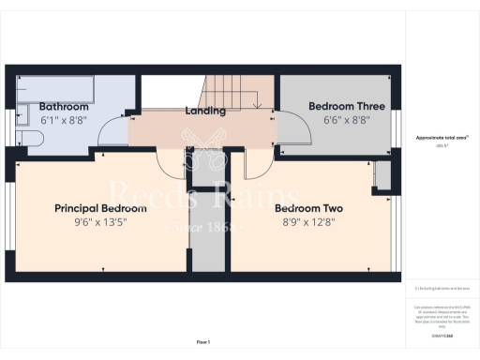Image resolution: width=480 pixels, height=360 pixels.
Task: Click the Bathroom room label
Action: point(63,107)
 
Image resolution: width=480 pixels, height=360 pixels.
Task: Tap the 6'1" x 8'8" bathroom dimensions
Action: point(63,121)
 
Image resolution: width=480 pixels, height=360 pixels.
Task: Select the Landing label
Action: point(205,111)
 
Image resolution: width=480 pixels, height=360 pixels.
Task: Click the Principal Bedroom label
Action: point(100,208)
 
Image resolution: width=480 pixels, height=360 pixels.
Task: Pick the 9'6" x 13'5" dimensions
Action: point(100,222)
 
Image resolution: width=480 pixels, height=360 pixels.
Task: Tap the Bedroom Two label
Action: point(308,208)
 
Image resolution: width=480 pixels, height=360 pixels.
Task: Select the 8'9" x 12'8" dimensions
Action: point(308,222)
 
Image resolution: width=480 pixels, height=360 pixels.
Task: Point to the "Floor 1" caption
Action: point(203,341)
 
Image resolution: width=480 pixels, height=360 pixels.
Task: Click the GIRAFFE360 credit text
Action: point(440,322)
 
